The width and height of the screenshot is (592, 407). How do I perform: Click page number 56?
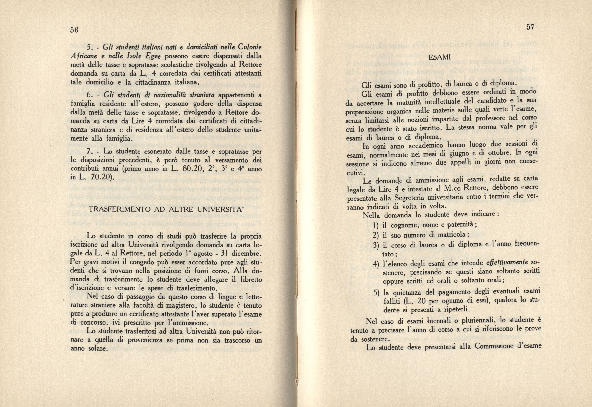tap(74, 30)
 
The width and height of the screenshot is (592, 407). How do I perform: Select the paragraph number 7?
tap(89, 152)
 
